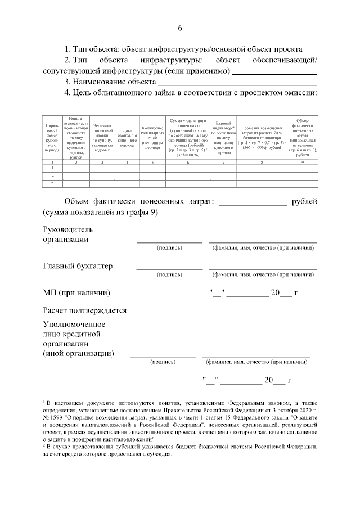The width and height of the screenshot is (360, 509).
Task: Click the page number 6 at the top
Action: (180, 29)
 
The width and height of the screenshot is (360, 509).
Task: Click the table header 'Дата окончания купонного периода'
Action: (127, 138)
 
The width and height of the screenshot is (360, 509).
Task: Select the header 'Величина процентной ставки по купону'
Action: (102, 138)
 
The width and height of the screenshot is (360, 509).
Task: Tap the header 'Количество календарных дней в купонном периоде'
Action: (152, 138)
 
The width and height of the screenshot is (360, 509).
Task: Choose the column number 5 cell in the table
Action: (152, 163)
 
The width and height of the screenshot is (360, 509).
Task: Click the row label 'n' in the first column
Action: (52, 183)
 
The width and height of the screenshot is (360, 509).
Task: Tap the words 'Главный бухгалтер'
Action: (78, 265)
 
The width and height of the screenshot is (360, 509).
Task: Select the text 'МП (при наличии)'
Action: (76, 293)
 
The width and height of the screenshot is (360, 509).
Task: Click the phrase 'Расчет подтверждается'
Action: (84, 310)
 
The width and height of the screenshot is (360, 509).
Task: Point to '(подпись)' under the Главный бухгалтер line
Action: (169, 275)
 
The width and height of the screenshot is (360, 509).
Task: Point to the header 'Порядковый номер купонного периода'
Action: (52, 138)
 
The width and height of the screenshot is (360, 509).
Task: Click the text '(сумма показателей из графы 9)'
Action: (101, 213)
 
